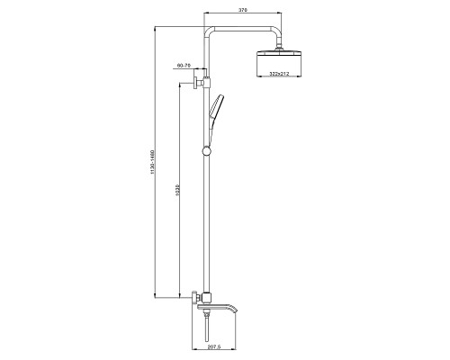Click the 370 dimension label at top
(x=242, y=10)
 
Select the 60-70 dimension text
(x=184, y=65)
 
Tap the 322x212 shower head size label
(x=279, y=74)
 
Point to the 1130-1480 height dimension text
(x=152, y=162)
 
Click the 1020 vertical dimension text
(x=177, y=190)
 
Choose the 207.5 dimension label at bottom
(x=213, y=346)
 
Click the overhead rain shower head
(x=279, y=64)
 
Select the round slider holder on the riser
(x=206, y=151)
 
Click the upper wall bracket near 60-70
(x=196, y=82)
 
